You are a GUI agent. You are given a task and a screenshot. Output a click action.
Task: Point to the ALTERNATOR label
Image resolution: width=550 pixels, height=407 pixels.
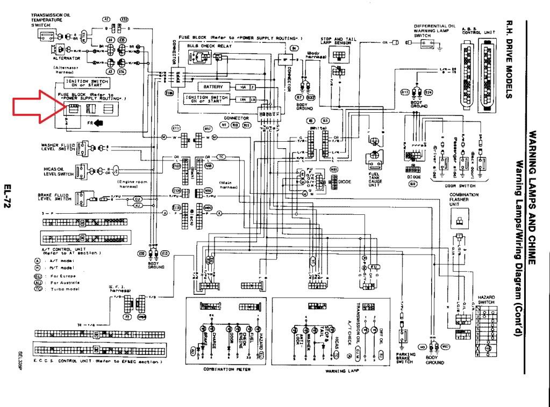tap(67, 57)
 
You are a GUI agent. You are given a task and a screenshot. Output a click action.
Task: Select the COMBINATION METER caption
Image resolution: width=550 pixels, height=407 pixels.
tap(226, 369)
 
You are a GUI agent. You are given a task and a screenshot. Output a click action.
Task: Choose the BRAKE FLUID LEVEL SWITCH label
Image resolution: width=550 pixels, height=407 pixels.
tap(54, 197)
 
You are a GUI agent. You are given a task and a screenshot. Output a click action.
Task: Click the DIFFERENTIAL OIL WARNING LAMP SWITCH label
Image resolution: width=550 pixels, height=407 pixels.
tap(434, 30)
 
